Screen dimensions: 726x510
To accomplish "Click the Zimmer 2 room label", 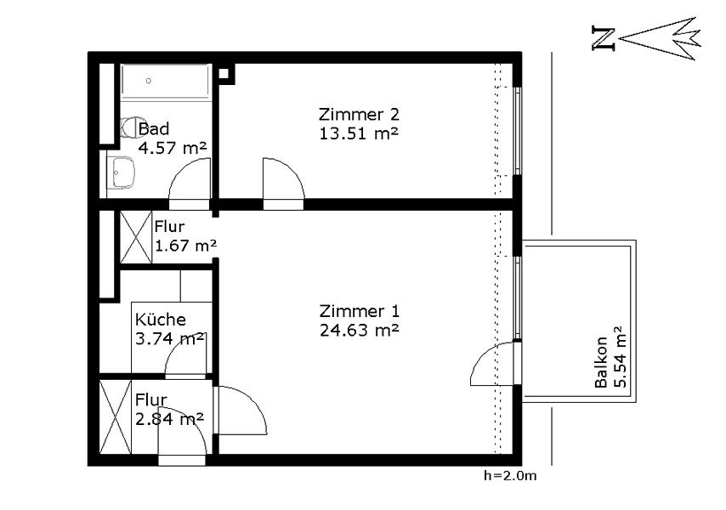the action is [x=359, y=114].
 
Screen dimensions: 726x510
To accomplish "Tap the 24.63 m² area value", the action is [x=359, y=331].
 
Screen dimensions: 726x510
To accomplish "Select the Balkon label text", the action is [x=601, y=362].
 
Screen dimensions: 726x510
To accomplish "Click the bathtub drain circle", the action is [x=149, y=81].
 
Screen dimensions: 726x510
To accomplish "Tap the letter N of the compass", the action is [x=604, y=38].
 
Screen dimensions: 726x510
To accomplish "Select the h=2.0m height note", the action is [x=510, y=475].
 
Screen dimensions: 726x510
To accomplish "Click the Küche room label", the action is [x=161, y=320].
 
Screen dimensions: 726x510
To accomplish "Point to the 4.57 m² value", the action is [x=172, y=148].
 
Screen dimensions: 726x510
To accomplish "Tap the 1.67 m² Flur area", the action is [x=185, y=246].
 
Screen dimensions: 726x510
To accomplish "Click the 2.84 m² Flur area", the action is [x=169, y=419].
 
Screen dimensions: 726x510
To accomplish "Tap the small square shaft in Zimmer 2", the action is [x=224, y=74].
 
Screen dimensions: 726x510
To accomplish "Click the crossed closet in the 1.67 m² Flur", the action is [x=136, y=237].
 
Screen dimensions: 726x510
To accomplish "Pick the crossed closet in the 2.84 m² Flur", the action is [x=116, y=417].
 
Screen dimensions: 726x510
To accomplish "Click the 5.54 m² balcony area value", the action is [x=619, y=357].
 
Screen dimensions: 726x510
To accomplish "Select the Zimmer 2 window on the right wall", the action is [x=518, y=132].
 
